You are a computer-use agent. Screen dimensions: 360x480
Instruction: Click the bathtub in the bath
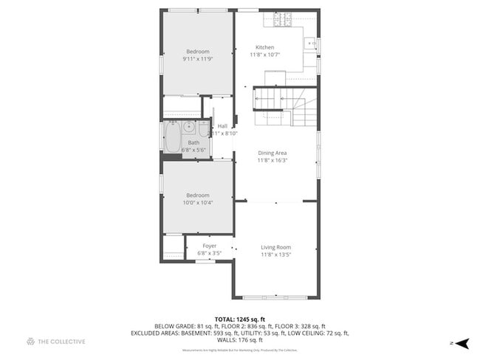(171, 136)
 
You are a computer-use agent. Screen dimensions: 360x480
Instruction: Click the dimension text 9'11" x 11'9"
(198, 58)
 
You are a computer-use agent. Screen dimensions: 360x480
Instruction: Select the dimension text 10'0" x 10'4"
(198, 202)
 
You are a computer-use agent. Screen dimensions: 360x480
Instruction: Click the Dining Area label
(272, 153)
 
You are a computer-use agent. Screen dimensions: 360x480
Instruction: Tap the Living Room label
(275, 247)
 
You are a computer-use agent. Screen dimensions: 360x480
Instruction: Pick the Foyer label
(210, 246)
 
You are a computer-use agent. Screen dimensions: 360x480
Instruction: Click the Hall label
(222, 126)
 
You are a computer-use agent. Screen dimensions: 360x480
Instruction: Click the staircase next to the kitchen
(286, 107)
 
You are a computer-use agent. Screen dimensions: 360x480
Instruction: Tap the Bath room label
(193, 142)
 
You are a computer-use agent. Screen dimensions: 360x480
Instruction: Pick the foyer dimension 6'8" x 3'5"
(210, 253)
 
